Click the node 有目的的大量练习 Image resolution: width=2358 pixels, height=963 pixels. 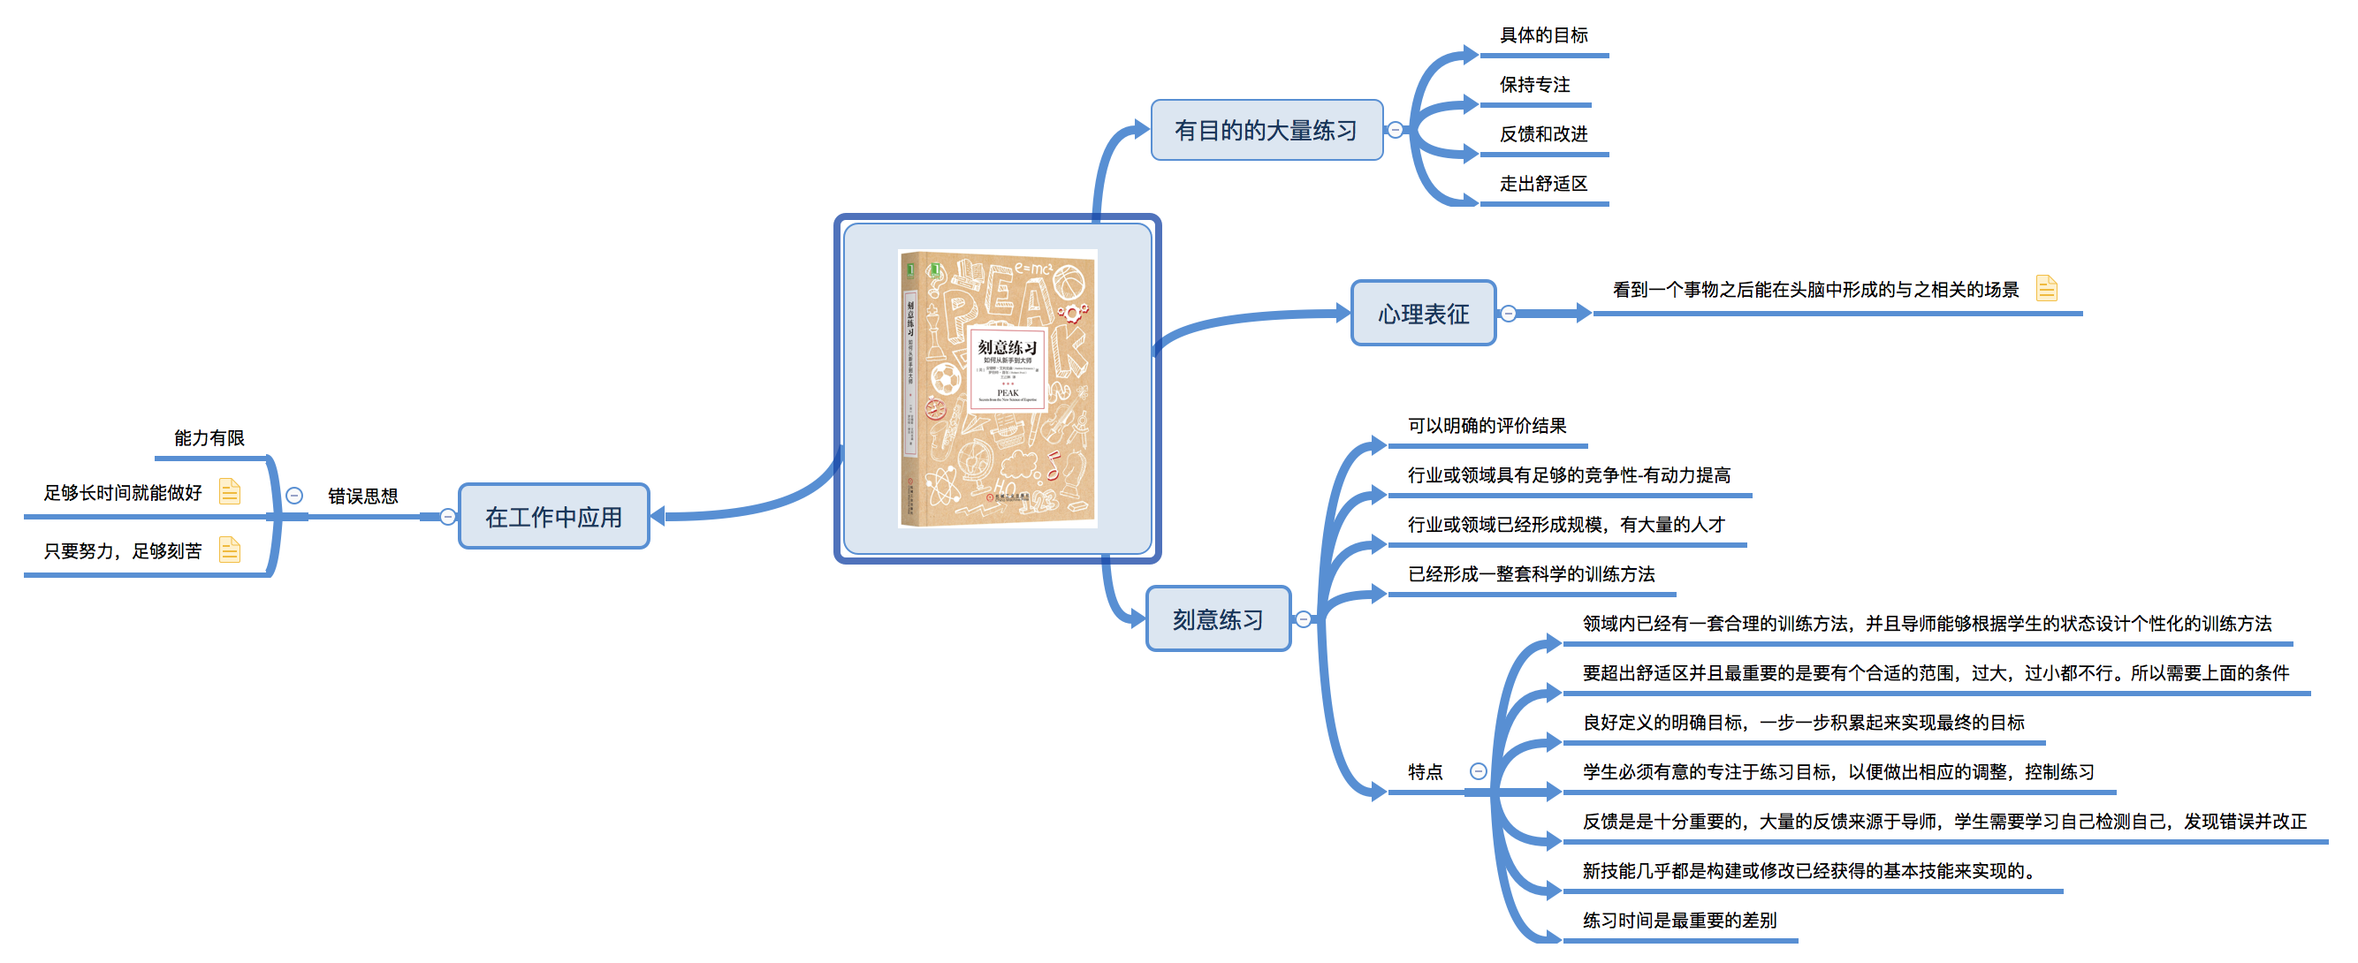tap(1266, 130)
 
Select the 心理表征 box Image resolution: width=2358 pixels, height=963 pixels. tap(1423, 314)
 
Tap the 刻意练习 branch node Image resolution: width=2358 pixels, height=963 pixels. tap(1218, 619)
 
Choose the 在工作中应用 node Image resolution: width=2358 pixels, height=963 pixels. tap(554, 517)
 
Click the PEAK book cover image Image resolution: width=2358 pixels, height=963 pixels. tap(998, 388)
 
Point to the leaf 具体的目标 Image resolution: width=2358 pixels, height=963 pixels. tap(1543, 35)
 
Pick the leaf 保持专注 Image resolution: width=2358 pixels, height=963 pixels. tap(1534, 85)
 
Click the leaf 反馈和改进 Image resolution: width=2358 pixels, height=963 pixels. tap(1543, 134)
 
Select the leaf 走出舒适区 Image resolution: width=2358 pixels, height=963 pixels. tap(1543, 184)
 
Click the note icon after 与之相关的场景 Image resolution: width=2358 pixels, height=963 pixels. tap(2046, 289)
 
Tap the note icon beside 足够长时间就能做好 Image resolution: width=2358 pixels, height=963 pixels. tap(230, 492)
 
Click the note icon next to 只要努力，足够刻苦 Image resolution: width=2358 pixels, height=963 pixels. tap(230, 550)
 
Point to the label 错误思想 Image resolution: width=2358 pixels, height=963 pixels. tap(363, 497)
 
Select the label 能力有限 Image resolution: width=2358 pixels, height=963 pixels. tap(209, 438)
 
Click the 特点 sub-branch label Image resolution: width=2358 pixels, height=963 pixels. tap(1426, 771)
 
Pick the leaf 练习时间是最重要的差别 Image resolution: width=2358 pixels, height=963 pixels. tap(1680, 920)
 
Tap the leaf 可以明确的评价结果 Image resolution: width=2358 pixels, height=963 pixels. tap(1487, 426)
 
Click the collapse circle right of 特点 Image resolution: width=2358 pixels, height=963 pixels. tap(1478, 771)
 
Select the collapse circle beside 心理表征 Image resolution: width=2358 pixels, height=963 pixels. tap(1509, 314)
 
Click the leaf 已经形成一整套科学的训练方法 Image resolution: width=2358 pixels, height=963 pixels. tap(1531, 574)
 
